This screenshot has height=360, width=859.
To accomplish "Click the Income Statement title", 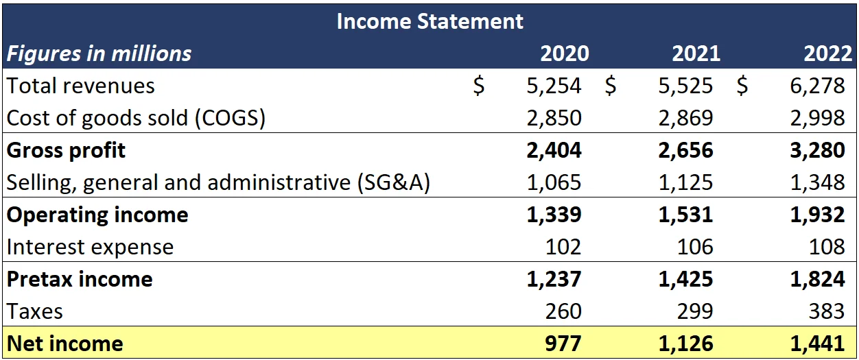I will (429, 21).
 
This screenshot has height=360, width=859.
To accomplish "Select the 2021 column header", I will (696, 53).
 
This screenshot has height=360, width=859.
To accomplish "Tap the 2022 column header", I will (827, 53).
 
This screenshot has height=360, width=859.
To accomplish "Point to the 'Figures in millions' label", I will (99, 53).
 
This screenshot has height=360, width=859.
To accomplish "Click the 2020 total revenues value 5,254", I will (554, 86).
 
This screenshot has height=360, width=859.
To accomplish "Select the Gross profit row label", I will (66, 150).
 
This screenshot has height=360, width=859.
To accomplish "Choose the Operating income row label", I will (97, 215).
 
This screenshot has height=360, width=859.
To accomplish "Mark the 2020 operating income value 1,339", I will (554, 215).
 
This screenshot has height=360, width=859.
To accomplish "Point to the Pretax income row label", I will (79, 279).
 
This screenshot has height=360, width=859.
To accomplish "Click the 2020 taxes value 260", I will (563, 311).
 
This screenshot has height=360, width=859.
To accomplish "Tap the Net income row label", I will (64, 344).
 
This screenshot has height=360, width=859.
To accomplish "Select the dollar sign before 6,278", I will (742, 86).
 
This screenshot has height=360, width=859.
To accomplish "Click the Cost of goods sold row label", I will (136, 118).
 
